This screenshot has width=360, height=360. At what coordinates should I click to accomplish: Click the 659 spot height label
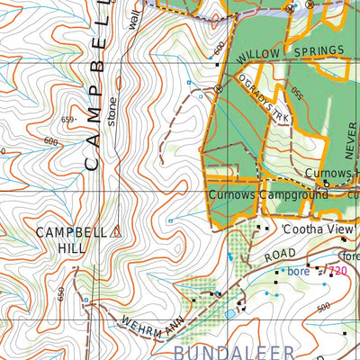click(67, 119)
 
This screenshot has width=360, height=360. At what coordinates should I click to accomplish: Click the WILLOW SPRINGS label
click(292, 53)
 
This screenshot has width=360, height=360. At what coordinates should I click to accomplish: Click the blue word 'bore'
click(298, 270)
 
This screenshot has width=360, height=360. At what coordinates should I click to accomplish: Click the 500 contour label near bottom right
click(324, 307)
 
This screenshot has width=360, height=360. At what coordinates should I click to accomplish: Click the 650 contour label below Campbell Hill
click(61, 293)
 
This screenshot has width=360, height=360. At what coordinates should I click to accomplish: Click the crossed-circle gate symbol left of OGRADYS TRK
click(219, 88)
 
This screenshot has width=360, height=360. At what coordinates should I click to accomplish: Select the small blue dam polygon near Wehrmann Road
click(230, 313)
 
